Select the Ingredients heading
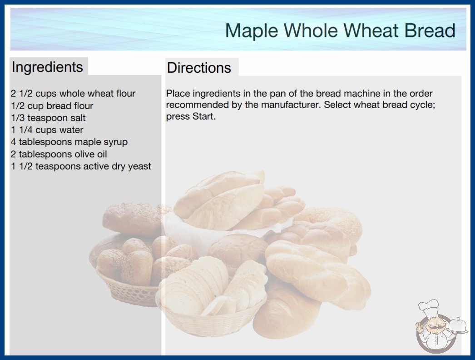coord(47,67)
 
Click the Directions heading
coord(199,68)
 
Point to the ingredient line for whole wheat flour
coord(73,94)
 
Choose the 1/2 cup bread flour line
coord(52,106)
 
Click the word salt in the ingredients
coord(78,118)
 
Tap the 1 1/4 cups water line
coord(47,130)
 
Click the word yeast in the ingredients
coord(139,166)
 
